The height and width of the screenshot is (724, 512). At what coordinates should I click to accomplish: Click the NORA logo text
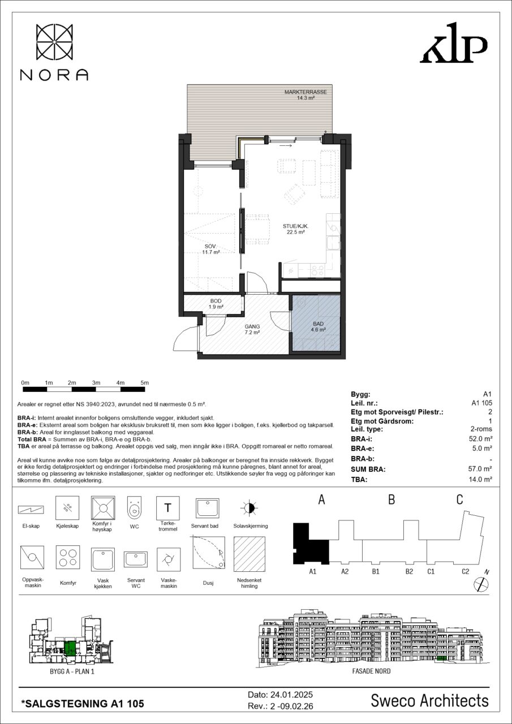54,75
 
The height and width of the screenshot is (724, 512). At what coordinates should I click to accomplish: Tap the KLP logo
454,42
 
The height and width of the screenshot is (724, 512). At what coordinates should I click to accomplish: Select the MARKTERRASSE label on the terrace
306,92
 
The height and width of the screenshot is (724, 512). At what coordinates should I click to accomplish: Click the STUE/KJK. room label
294,226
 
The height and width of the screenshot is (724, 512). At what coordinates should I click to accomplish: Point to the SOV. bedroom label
210,247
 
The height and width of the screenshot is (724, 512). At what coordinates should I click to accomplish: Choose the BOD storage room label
216,301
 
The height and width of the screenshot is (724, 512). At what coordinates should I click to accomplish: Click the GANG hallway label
252,326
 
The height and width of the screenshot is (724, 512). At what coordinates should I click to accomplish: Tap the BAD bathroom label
318,324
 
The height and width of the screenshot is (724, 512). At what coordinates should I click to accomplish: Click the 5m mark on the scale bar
144,383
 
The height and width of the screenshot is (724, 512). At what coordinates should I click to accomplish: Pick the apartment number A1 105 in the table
481,403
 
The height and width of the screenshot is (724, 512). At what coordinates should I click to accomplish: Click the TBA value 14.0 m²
480,479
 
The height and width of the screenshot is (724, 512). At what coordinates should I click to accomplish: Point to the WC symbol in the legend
135,508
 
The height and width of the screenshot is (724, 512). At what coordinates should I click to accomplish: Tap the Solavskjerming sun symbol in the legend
249,508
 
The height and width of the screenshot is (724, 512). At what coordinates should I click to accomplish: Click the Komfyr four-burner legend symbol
68,557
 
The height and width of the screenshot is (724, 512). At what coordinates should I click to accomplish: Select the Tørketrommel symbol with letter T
168,508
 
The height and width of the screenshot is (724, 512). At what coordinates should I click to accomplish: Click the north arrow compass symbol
481,584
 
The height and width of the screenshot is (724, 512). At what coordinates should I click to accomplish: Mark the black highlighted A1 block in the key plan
310,544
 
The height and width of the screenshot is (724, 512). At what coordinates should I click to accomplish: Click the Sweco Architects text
429,701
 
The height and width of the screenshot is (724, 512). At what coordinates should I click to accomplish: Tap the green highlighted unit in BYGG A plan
70,648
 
